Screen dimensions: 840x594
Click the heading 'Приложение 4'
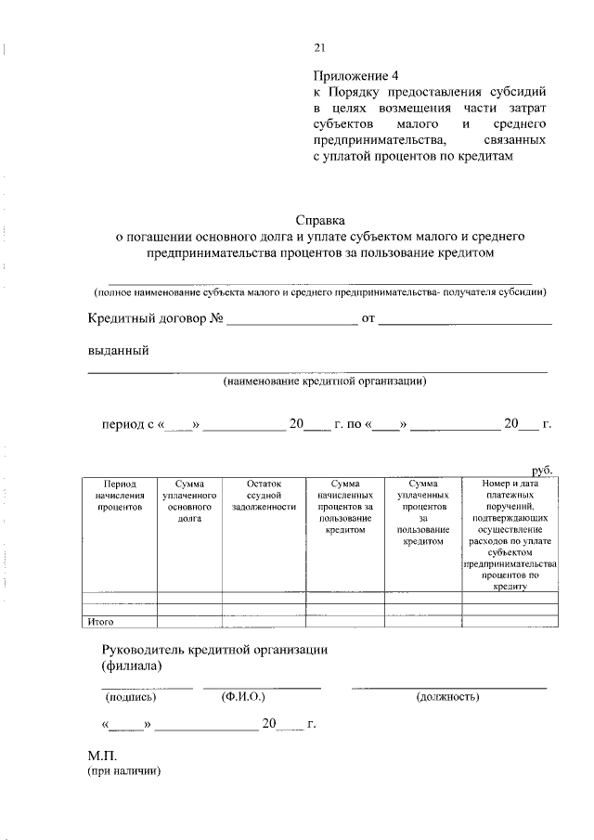(x=355, y=75)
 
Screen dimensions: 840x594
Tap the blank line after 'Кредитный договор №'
(x=291, y=320)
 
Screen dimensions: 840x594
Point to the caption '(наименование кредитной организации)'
(x=324, y=381)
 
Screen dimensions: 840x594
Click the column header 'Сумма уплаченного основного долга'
(x=189, y=502)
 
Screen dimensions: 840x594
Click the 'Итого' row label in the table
(x=100, y=621)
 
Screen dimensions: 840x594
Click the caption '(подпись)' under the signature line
(x=132, y=696)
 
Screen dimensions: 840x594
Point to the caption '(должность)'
(x=448, y=696)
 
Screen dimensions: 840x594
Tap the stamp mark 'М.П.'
(x=102, y=756)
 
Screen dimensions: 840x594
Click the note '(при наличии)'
(x=125, y=771)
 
